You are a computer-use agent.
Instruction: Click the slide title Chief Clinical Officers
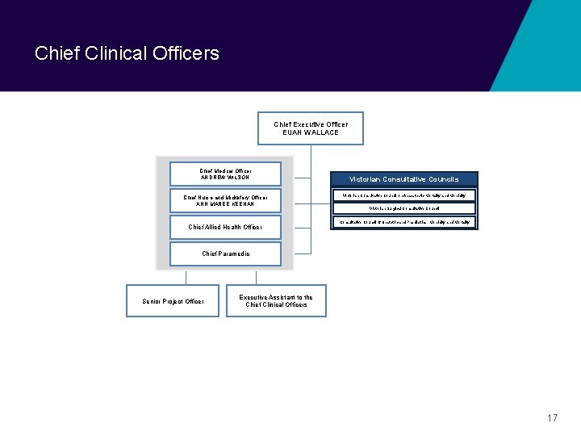pos(127,53)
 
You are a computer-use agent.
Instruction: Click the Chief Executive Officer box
pos(311,128)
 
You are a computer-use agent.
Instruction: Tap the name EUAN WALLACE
pos(311,132)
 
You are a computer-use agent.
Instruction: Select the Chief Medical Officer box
pos(226,174)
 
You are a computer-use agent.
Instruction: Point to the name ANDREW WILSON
pos(226,178)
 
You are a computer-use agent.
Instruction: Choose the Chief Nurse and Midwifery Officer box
pos(226,200)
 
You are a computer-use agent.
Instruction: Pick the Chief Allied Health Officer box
pos(226,227)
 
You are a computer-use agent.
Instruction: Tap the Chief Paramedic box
pos(226,254)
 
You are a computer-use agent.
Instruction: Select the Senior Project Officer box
pos(173,301)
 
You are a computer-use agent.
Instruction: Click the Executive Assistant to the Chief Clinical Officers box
pos(276,300)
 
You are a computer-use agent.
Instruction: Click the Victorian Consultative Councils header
pos(404,179)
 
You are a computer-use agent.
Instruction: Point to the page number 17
pos(552,418)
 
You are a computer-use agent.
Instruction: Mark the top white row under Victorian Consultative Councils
pos(404,195)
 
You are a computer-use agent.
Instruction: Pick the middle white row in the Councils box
pos(404,208)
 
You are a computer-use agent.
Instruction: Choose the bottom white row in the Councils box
pos(404,221)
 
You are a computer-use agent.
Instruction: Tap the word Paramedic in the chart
pos(236,254)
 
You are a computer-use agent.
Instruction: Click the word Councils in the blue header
pos(443,179)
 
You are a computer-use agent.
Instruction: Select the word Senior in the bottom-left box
pos(152,301)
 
